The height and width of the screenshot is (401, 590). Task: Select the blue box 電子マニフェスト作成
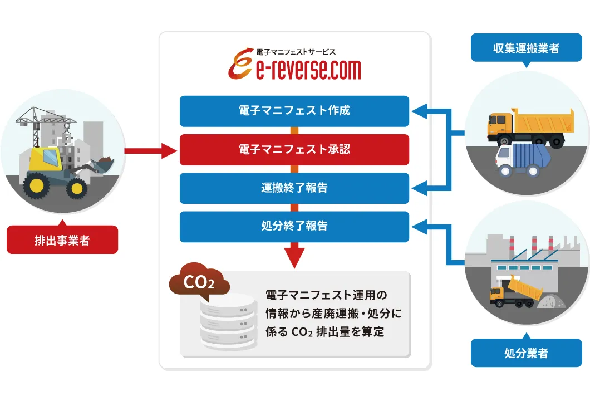click(x=294, y=111)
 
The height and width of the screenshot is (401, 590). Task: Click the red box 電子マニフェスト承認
click(x=294, y=150)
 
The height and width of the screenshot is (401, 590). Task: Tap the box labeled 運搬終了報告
click(x=294, y=188)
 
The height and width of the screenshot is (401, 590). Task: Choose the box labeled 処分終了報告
click(x=294, y=227)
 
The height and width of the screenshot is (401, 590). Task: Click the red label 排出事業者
click(x=62, y=240)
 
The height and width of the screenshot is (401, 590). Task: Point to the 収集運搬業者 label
click(x=526, y=48)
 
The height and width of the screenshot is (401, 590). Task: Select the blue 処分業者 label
click(x=526, y=353)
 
